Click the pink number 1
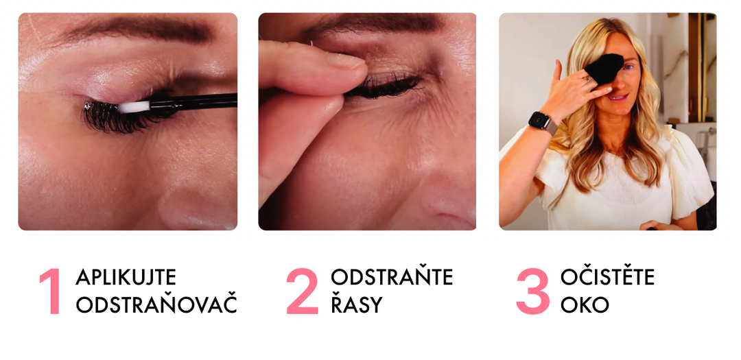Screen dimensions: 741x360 coord(51,291)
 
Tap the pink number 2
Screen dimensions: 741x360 coord(303,291)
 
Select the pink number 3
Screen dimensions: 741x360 coord(533,291)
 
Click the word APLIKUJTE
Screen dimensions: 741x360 coord(126,277)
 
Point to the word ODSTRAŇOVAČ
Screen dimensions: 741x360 coord(156,304)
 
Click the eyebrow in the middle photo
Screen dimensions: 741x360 coord(373,23)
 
